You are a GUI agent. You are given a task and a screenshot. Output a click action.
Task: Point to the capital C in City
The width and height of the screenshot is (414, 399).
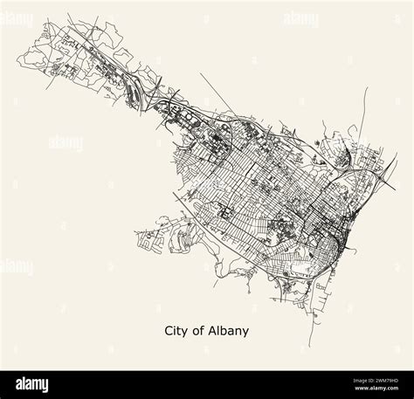tap(169, 331)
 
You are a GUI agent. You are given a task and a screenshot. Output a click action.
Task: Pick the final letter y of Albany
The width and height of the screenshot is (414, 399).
tap(246, 333)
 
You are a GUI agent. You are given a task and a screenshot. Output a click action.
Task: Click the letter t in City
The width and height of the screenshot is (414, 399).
tap(182, 331)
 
